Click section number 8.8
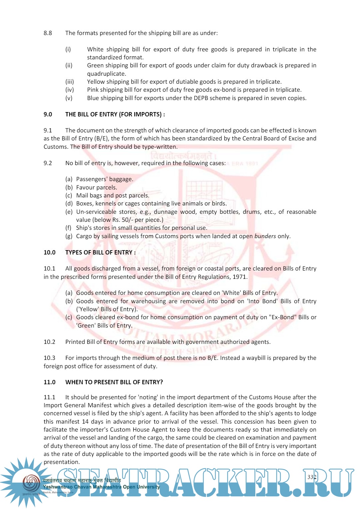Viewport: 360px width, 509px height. [x=48, y=33]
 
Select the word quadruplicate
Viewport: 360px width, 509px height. [x=106, y=74]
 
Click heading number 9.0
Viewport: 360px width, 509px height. [x=48, y=114]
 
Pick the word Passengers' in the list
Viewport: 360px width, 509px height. [x=92, y=179]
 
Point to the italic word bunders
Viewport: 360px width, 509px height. [x=265, y=236]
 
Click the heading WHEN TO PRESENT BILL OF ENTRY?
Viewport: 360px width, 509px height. [x=114, y=382]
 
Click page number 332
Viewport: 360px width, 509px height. [x=312, y=477]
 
